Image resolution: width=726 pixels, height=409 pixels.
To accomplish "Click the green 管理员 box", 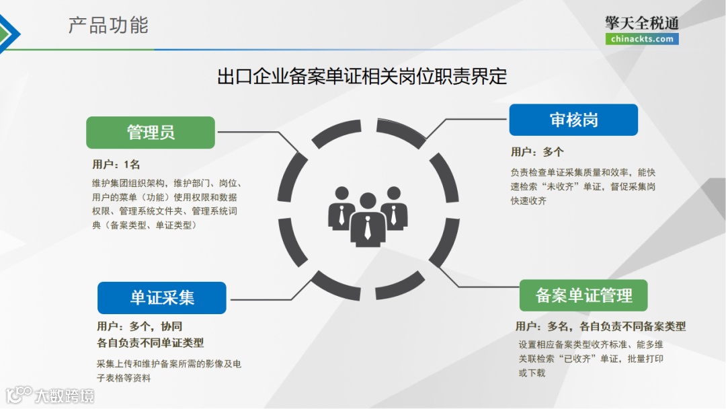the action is pos(151,133).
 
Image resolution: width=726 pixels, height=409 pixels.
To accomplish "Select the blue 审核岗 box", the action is pos(573,120).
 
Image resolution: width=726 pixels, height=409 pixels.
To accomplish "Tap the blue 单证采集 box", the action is pos(161,298).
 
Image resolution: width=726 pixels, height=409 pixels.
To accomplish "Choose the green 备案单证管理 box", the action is pos(583,295).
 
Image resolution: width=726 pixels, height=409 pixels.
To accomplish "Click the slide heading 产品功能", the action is pos(108,26).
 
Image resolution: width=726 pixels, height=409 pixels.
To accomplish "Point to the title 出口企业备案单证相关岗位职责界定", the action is pos(362,76).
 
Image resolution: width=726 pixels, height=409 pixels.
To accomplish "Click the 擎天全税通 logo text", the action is pos(641,23).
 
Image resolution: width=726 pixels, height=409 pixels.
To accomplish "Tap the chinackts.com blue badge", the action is pos(641,39).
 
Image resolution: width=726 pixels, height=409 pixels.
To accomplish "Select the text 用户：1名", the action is pos(116,165).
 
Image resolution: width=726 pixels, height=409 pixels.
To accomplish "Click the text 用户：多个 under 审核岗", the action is pos(537,152).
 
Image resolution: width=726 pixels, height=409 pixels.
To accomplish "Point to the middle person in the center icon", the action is pos(367,219).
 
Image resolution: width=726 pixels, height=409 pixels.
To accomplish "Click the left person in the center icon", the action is pos(341,208).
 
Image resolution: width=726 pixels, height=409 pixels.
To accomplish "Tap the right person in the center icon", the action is pos(394,208).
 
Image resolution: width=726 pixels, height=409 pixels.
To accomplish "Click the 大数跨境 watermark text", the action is pos(65,396).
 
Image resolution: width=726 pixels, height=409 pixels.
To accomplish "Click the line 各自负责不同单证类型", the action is pos(151,342).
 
